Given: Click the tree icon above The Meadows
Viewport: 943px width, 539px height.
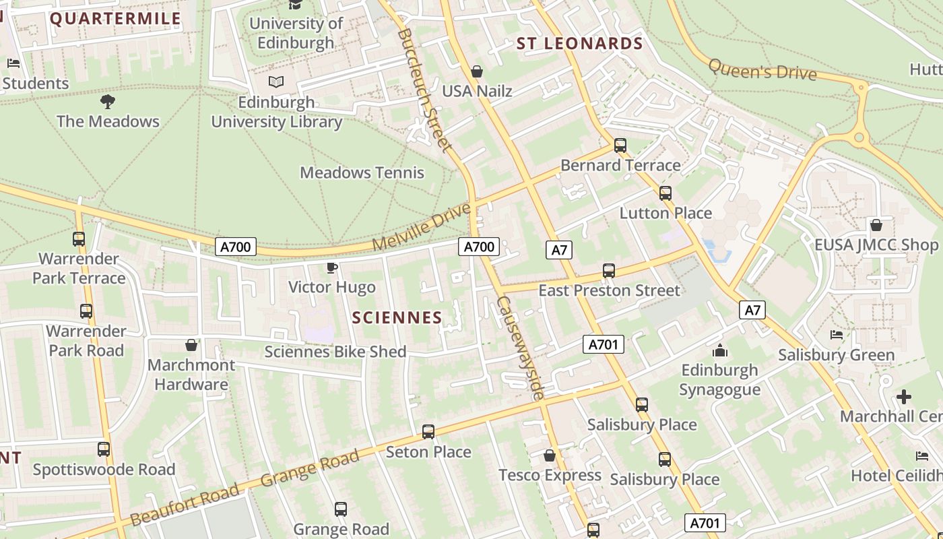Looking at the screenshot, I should click(x=107, y=102).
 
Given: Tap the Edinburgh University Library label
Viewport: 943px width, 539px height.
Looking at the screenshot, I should click(x=276, y=112).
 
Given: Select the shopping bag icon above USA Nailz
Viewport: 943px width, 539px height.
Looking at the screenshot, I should click(x=477, y=71).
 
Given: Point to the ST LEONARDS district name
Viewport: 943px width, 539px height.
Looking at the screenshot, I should click(x=579, y=44).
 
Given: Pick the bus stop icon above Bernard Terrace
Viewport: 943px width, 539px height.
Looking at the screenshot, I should click(x=620, y=146).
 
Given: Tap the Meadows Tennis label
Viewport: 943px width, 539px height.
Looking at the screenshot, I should click(x=362, y=172).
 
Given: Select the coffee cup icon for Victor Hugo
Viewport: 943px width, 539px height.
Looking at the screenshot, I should click(x=331, y=268).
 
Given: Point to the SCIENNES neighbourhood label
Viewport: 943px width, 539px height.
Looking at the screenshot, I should click(x=397, y=318).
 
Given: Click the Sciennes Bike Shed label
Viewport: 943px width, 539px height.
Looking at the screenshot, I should click(x=335, y=352).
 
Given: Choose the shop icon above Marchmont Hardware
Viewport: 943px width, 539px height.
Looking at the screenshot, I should click(x=191, y=345).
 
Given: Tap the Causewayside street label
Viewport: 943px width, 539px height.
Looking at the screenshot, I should click(x=520, y=348).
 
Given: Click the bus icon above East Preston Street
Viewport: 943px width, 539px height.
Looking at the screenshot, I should click(x=609, y=271).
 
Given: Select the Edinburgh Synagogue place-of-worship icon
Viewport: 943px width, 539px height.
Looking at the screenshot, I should click(x=720, y=351).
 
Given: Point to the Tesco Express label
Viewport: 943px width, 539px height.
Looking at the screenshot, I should click(x=550, y=476).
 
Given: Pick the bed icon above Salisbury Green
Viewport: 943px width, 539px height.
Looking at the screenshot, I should click(x=837, y=335).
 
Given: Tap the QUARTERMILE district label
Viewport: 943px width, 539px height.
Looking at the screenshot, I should click(x=115, y=18).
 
